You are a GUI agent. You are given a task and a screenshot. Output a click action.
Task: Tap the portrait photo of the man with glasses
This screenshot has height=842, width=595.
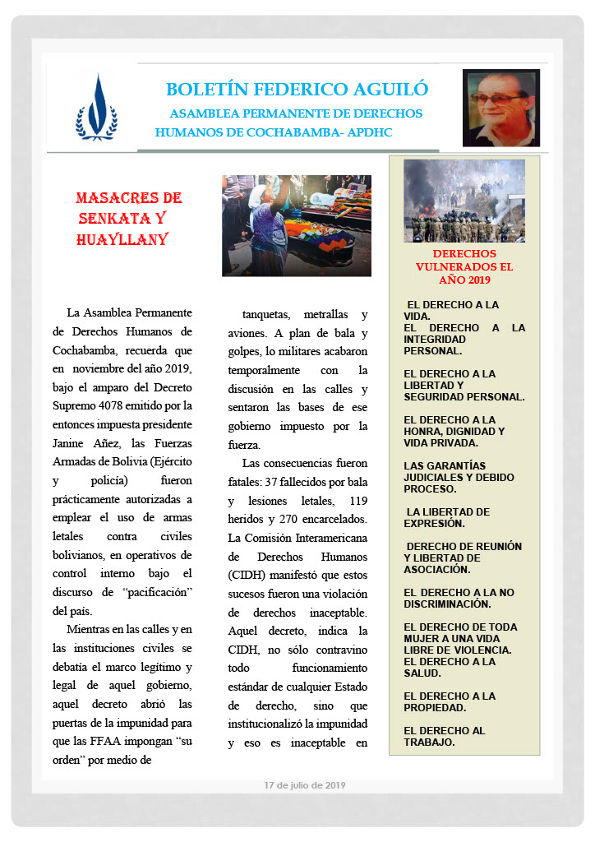click(501, 108)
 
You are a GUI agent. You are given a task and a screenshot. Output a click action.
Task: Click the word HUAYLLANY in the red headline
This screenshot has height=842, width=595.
click(122, 239)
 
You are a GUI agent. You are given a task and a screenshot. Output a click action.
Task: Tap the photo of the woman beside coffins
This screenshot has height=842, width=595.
click(296, 225)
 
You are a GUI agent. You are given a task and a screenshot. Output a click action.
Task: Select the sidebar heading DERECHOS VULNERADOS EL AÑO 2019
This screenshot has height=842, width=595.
click(464, 266)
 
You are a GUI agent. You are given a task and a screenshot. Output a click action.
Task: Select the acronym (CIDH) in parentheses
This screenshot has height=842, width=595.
click(247, 574)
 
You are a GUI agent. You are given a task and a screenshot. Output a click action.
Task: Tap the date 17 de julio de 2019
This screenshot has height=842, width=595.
click(305, 785)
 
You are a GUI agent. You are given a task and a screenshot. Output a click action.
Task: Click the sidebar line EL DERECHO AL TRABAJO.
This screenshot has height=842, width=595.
click(445, 736)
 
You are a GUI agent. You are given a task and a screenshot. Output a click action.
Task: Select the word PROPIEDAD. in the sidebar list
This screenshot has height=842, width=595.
click(436, 707)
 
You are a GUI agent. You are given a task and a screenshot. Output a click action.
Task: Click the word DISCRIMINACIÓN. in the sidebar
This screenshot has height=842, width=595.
click(447, 604)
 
